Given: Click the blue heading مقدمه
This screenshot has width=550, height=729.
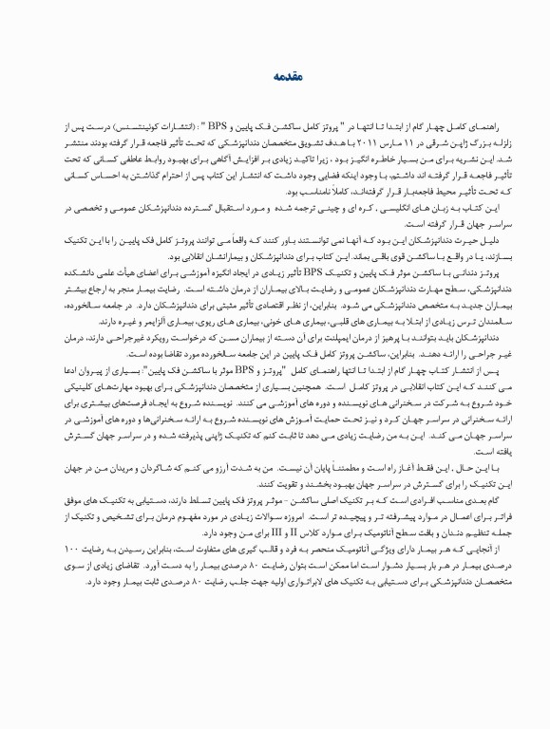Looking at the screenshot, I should coord(275,74).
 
